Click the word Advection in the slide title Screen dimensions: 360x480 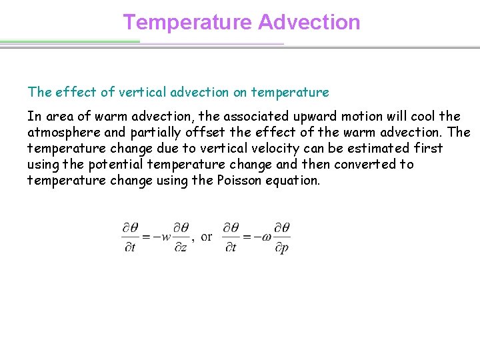coord(309,22)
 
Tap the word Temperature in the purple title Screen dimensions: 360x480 coord(187,22)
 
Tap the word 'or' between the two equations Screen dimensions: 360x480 coord(207,236)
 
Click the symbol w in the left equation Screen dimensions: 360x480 coord(166,237)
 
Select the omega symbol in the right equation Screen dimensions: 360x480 coord(267,237)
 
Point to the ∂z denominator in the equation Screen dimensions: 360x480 coord(181,247)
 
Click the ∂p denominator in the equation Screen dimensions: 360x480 coord(281,247)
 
